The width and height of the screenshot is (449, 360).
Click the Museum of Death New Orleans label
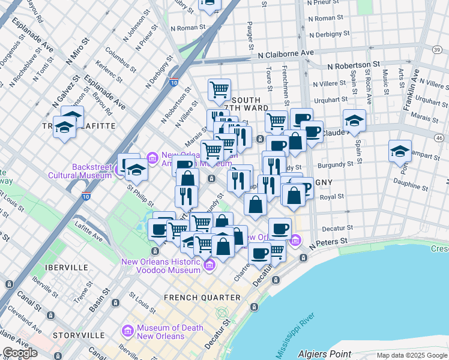click(x=160, y=332)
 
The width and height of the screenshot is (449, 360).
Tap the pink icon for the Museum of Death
click(x=127, y=331)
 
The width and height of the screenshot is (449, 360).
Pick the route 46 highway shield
click(x=439, y=138)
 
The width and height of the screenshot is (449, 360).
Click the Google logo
click(x=20, y=353)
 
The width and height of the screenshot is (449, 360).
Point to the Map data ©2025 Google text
click(x=411, y=355)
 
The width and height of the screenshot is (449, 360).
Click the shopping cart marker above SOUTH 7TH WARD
click(x=220, y=90)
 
